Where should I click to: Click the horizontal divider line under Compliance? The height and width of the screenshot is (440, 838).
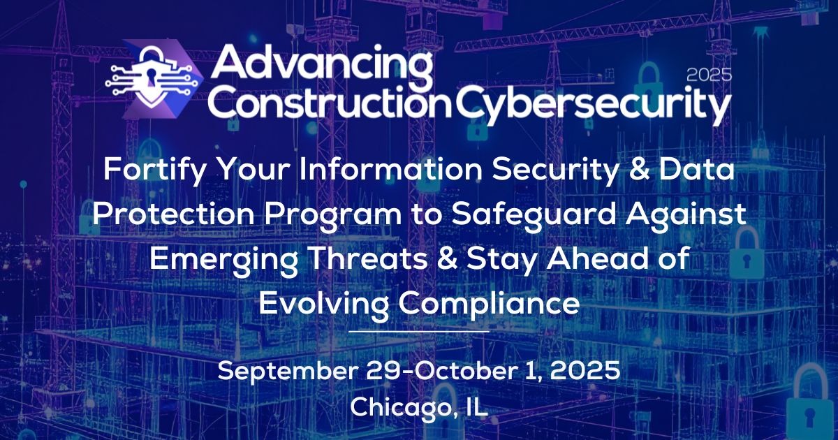(x=418, y=330)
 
